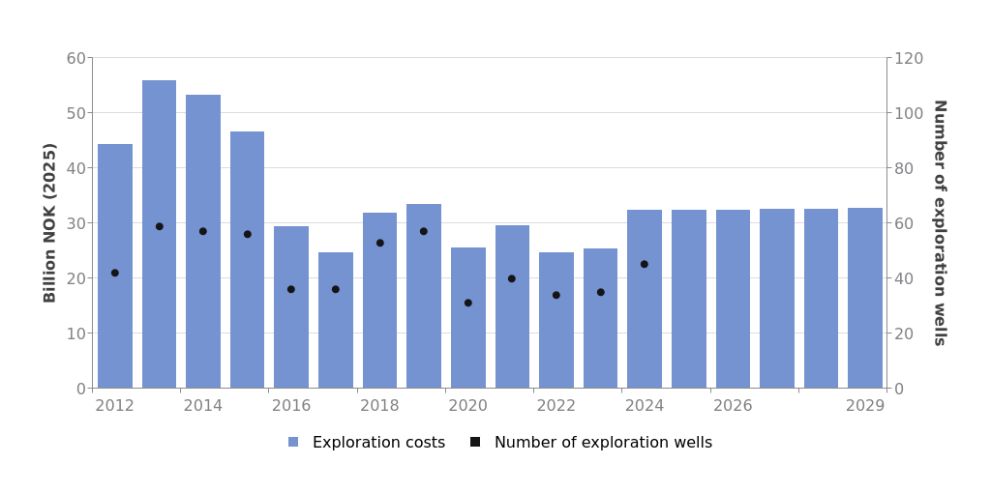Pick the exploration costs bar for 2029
[865, 298]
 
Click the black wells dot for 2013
[160, 226]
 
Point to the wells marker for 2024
[645, 264]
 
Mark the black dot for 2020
[468, 303]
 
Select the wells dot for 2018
[380, 243]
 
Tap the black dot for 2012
[115, 273]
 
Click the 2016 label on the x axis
[291, 406]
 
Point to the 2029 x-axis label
[865, 406]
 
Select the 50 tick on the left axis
[75, 113]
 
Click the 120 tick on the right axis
[909, 58]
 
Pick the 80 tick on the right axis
[905, 168]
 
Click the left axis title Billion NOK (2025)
[50, 222]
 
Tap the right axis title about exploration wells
[939, 222]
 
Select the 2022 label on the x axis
[556, 406]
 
